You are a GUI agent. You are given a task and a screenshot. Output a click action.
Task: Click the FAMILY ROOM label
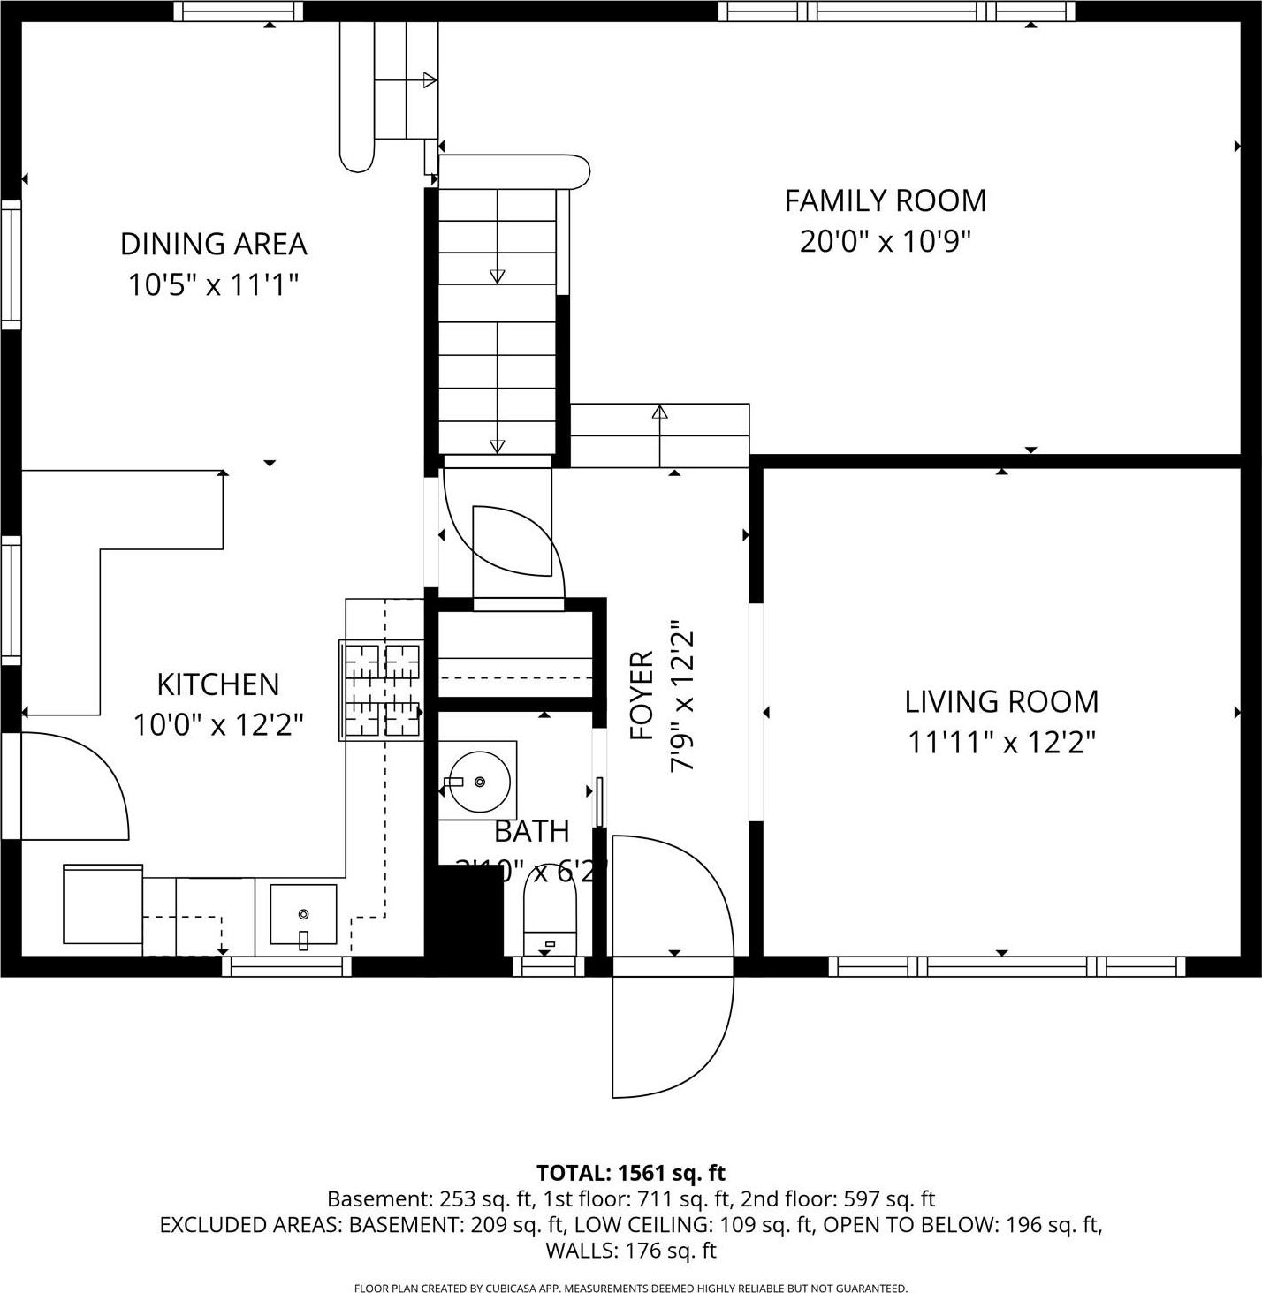(885, 200)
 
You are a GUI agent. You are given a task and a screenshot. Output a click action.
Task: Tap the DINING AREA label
(213, 243)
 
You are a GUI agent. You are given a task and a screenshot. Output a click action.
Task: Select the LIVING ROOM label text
(1001, 701)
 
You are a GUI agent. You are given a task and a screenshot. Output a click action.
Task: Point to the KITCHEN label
(217, 684)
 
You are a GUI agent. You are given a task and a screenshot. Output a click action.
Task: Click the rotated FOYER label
(642, 696)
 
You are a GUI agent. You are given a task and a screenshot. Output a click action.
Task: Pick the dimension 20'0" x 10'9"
(885, 241)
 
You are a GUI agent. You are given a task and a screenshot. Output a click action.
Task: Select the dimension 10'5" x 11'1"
(213, 284)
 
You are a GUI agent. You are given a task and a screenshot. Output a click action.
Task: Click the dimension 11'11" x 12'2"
(1001, 743)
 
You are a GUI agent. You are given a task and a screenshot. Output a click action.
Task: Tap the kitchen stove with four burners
(382, 690)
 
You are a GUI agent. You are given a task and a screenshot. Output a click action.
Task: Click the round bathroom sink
(478, 781)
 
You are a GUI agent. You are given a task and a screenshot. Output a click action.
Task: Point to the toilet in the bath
(550, 910)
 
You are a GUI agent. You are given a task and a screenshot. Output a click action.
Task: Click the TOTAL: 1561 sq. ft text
(630, 1173)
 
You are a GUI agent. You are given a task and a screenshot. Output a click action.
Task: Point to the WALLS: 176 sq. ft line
(630, 1250)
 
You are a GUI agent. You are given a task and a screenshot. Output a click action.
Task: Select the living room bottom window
(1007, 966)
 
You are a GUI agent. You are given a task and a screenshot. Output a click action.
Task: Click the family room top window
(896, 11)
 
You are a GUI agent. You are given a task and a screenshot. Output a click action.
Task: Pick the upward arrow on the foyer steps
(659, 412)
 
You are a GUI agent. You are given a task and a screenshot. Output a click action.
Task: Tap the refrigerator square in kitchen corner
(103, 904)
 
